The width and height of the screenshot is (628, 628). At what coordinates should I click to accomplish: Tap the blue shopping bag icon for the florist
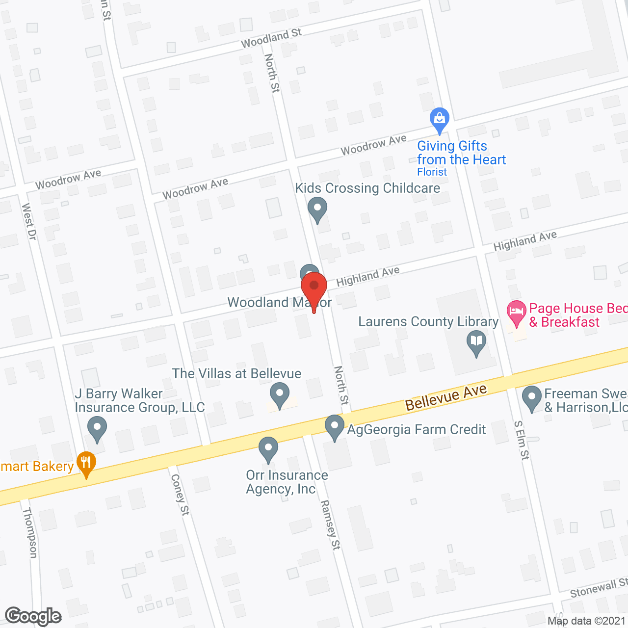coord(439,119)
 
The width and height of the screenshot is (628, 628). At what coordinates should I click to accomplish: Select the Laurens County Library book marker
coord(476,342)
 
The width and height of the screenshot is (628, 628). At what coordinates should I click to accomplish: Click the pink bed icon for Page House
coord(516,313)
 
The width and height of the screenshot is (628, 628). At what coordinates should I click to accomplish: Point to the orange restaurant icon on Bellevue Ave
coord(86,463)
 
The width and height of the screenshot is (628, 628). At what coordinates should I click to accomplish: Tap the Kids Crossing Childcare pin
coord(317,209)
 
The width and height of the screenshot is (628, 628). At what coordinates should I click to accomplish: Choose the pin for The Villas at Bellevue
coord(280,395)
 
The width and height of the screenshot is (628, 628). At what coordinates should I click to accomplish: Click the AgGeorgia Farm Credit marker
coord(335,427)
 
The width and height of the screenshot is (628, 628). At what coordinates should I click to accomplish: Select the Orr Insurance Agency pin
coord(268,449)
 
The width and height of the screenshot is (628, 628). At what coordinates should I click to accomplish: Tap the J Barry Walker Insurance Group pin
coord(97,428)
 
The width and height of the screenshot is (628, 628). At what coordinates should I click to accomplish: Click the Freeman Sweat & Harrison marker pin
coord(531,398)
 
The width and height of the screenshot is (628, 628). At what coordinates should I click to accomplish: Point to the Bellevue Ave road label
coord(446,397)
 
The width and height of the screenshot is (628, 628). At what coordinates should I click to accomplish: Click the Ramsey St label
coord(330,525)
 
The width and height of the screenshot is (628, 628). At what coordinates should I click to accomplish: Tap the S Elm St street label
coord(522,440)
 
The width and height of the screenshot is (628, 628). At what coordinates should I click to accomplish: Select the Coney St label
coord(180,495)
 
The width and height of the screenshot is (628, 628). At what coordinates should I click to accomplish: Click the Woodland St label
coord(271,38)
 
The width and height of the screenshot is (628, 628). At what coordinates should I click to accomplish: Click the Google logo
coord(33,616)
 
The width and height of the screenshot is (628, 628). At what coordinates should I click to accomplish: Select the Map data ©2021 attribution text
coord(587,621)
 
